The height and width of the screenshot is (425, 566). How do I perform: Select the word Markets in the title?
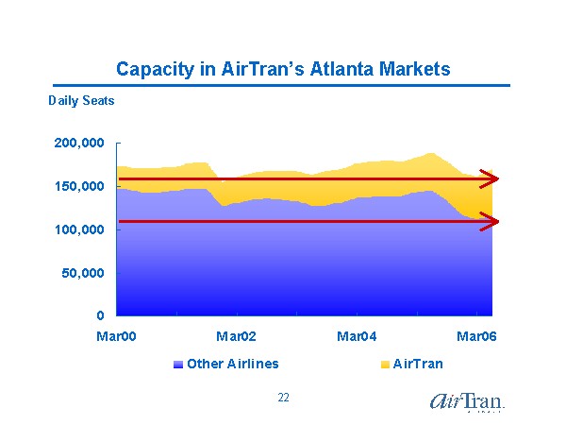[403, 69]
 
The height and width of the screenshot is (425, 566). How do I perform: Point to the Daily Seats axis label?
[81, 100]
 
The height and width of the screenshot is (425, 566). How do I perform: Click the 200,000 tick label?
[79, 144]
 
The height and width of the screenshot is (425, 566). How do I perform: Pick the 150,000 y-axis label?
[79, 187]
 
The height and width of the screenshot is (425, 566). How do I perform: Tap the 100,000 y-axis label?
[79, 229]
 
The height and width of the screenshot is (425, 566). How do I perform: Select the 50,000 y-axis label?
[83, 273]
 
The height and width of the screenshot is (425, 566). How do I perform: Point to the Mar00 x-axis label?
[116, 336]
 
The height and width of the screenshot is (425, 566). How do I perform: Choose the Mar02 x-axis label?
[236, 336]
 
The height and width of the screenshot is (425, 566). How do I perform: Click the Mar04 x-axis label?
[357, 336]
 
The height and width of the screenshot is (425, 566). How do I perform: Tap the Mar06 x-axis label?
[476, 336]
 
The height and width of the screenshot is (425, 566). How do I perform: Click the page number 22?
[283, 398]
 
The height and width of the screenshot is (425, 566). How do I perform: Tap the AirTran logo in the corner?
[466, 400]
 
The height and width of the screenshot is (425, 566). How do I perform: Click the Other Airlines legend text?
[232, 364]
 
